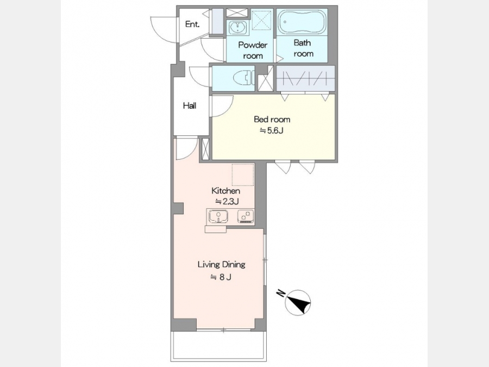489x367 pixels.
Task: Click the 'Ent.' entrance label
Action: pos(192,24)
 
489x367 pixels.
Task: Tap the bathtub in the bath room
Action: pos(302,22)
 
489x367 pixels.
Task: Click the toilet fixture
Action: pos(244,78)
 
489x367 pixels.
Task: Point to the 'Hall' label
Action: pos(190,106)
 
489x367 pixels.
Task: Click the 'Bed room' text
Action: pos(272,119)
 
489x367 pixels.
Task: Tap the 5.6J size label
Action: pos(272,130)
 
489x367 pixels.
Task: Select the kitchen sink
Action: pos(218,216)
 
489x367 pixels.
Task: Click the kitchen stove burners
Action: pos(246,216)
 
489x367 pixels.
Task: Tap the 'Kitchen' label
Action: pos(226,191)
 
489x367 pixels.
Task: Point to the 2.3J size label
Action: pos(227,202)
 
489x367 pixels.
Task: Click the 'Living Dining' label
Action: pos(222,265)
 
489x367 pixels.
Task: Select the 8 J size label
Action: pos(221,277)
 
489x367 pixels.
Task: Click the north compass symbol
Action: pos(298,302)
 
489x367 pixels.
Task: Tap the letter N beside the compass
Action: pos(281,294)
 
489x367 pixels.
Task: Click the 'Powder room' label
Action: pos(253,50)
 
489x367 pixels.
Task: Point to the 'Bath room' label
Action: pos(303,48)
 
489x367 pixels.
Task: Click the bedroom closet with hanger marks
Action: pos(305,78)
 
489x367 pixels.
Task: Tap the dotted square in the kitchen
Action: pos(243,175)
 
